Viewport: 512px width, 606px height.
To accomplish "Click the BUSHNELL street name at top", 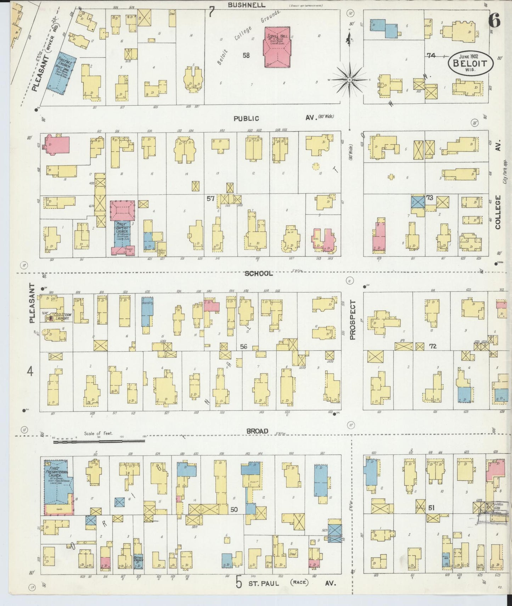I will coord(242,5).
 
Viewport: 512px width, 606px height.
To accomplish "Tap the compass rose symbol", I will coord(349,80).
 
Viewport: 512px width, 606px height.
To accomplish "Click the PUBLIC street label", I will coord(246,119).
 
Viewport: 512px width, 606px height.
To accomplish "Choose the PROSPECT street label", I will coord(353,320).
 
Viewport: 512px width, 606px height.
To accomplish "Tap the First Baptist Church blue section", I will coord(122,234).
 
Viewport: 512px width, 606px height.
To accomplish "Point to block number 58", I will coord(246,55).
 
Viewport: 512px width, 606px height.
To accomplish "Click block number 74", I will coord(431,55).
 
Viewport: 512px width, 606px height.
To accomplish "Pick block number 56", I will coord(243,347).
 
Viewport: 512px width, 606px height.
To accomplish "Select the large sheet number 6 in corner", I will coord(494,21).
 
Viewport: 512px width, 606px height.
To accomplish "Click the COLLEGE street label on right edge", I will coord(498,212).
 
